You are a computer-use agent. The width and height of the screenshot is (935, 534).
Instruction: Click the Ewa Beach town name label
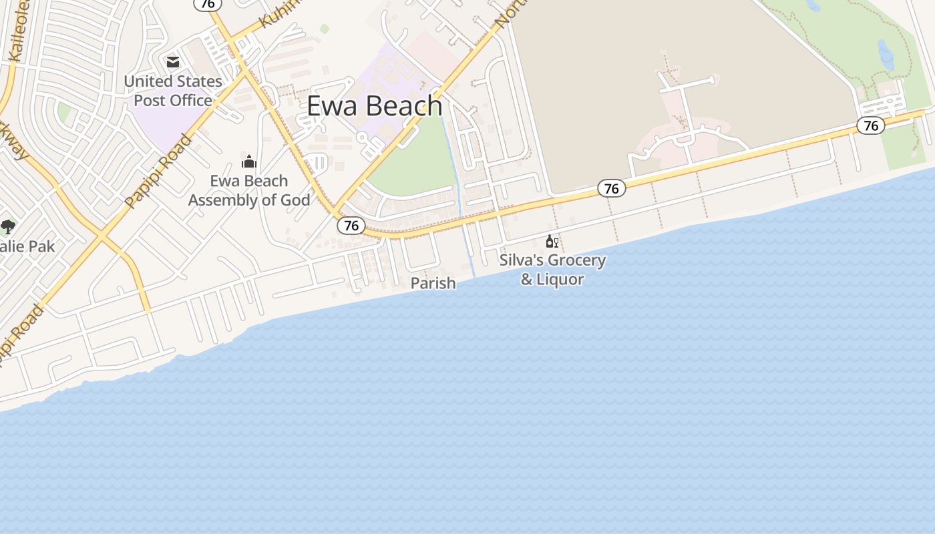[x=374, y=106]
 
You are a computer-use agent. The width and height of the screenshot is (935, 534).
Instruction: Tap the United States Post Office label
[x=173, y=91]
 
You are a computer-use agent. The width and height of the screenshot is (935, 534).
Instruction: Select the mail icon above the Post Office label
[x=173, y=62]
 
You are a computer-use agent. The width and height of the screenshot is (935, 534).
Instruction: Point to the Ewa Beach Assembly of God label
[x=249, y=190]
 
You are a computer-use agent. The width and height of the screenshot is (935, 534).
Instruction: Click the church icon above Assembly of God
[x=249, y=162]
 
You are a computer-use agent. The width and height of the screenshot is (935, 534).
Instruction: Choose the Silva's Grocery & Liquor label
[x=552, y=270]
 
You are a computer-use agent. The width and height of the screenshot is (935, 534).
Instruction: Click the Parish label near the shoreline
[x=433, y=283]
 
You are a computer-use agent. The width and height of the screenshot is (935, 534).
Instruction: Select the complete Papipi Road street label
[x=158, y=170]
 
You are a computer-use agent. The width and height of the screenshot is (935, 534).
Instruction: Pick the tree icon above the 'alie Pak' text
[x=7, y=227]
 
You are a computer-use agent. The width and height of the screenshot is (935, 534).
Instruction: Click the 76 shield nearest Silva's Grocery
[x=611, y=188]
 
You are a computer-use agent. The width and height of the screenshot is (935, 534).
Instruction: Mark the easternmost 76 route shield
[x=870, y=125]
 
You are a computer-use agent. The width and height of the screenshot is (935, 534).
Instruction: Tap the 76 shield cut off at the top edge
[x=208, y=4]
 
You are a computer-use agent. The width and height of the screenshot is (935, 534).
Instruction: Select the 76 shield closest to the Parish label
[x=351, y=226]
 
